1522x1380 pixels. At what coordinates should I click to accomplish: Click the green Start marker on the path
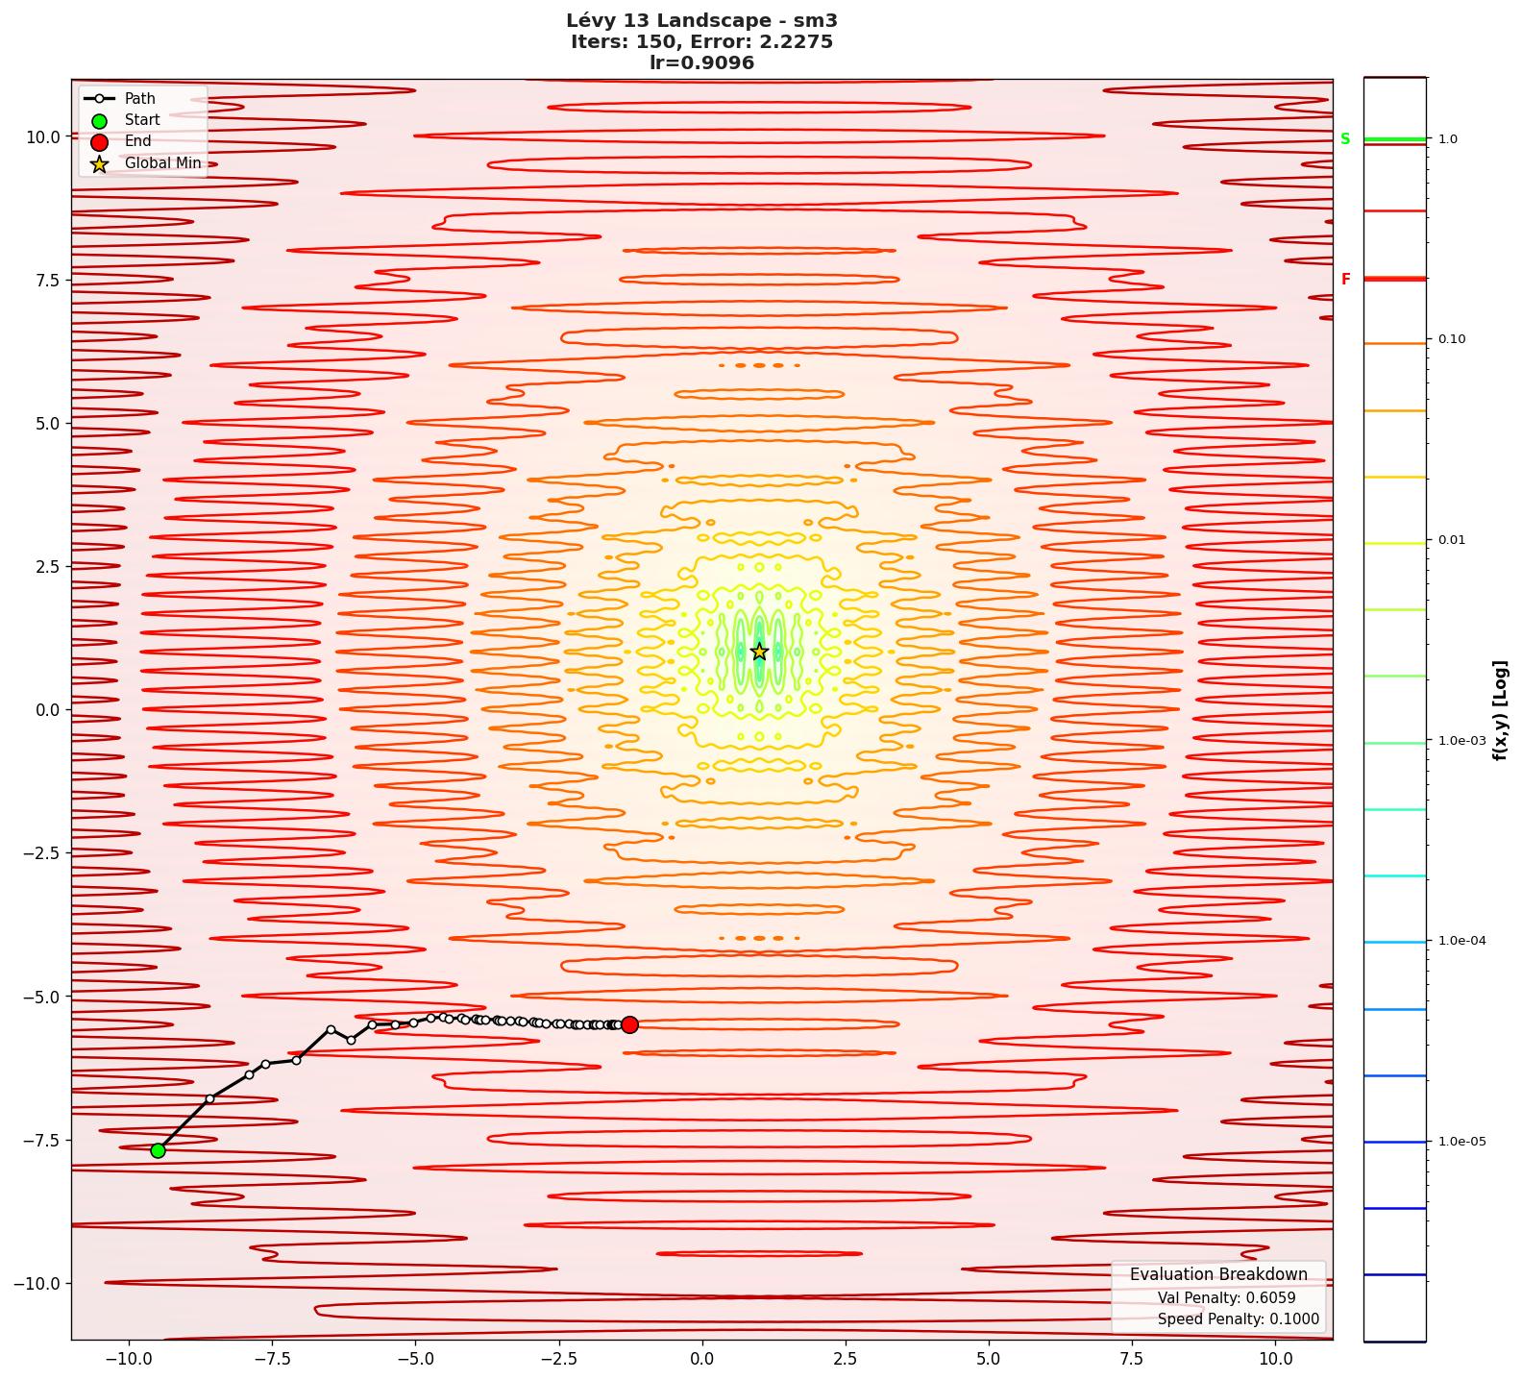click(158, 1150)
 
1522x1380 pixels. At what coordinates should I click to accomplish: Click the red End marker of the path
click(629, 1024)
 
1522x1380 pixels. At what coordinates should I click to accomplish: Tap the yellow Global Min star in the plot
click(759, 652)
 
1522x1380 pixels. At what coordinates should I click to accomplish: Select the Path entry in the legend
click(139, 98)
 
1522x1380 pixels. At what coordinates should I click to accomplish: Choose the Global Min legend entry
click(162, 163)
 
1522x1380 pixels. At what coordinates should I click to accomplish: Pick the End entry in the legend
click(137, 141)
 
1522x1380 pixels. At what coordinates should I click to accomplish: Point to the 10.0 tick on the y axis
click(43, 136)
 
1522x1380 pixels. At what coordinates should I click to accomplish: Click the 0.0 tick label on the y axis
click(47, 710)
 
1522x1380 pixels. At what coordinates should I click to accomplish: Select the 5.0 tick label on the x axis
click(988, 1359)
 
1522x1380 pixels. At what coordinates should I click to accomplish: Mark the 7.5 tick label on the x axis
click(1132, 1359)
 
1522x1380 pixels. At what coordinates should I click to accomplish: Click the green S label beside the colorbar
click(1345, 139)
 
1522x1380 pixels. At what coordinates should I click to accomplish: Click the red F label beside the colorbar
click(1345, 280)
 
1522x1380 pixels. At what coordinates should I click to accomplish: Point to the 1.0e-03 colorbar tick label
click(1461, 741)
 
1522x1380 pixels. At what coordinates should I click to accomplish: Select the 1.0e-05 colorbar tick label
click(1461, 1142)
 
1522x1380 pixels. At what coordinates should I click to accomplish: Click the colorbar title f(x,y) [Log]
click(1500, 710)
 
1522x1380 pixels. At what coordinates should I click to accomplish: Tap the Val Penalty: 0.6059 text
click(1226, 1297)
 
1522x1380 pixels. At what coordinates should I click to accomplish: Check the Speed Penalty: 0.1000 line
click(1238, 1319)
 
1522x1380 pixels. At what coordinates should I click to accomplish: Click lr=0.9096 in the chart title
click(701, 62)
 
